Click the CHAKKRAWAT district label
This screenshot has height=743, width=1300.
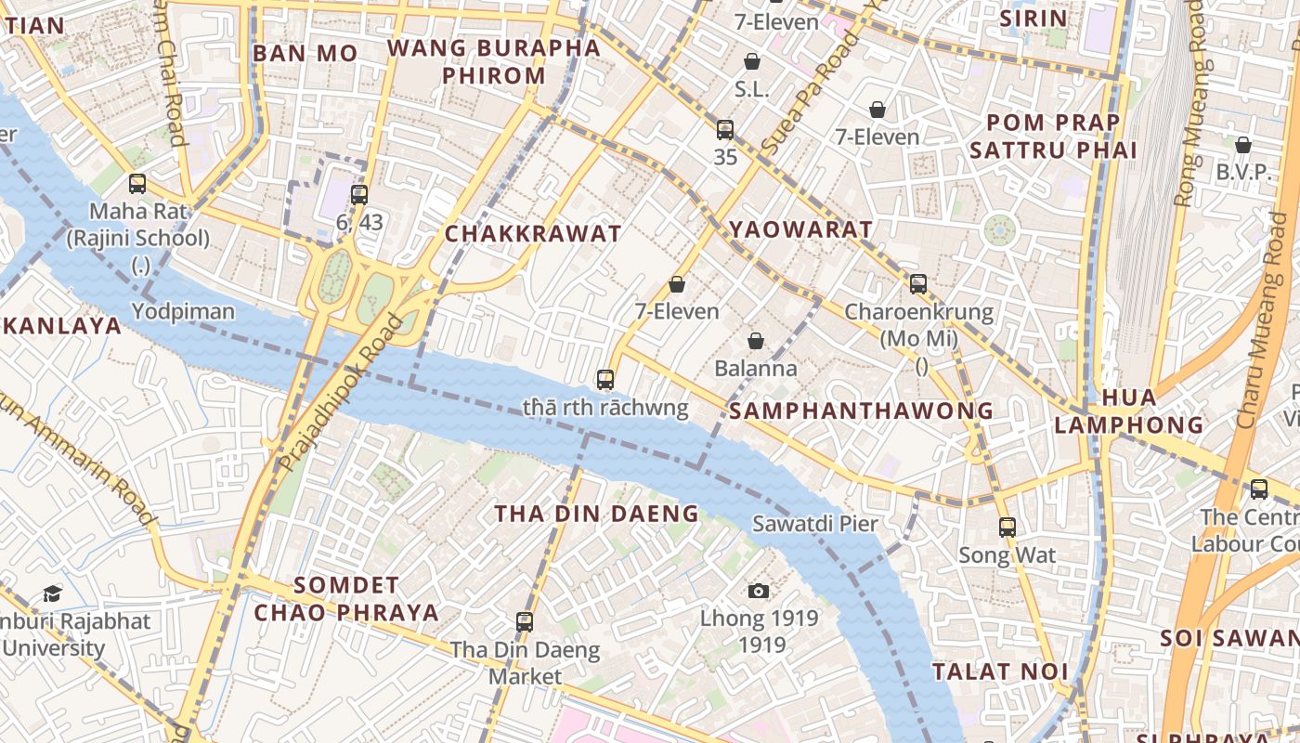[x=533, y=234]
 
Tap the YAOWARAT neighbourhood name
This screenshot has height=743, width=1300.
[x=800, y=229]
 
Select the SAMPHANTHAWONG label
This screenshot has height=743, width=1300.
[x=861, y=411]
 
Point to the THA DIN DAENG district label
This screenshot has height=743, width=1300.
[x=596, y=514]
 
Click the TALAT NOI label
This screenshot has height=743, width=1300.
[x=1000, y=671]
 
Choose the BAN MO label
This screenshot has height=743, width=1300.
[x=305, y=53]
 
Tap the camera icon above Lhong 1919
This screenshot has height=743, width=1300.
[x=759, y=591]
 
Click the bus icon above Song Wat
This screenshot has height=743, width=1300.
[x=1007, y=528]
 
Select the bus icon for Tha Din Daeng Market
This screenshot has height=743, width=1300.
[x=525, y=622]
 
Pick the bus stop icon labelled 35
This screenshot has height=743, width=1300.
[x=725, y=130]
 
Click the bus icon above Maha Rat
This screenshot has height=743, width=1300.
[x=137, y=184]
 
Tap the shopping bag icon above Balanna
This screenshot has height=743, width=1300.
[x=756, y=341]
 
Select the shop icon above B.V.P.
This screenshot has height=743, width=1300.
[x=1242, y=145]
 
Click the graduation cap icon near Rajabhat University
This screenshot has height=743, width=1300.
[x=52, y=593]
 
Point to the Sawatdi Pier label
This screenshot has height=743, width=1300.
[x=814, y=523]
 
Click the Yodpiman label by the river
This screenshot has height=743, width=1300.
[x=183, y=311]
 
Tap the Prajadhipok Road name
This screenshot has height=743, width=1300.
[x=343, y=392]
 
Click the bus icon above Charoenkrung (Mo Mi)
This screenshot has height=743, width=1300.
[x=918, y=284]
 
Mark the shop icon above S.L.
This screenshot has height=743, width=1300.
[x=751, y=61]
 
